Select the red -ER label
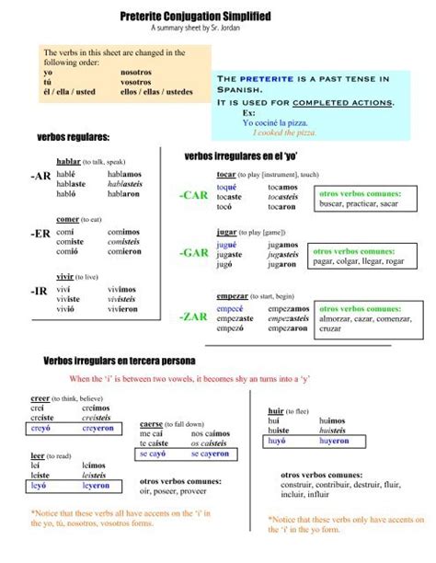point(41,234)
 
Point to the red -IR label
point(40,291)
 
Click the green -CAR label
point(194,195)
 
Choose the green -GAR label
point(194,253)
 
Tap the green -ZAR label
point(194,316)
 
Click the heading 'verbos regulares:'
point(73,137)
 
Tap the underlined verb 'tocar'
point(226,174)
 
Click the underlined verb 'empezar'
point(233,296)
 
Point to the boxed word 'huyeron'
point(334,441)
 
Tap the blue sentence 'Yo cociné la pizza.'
point(275,122)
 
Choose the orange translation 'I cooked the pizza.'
point(284,133)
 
